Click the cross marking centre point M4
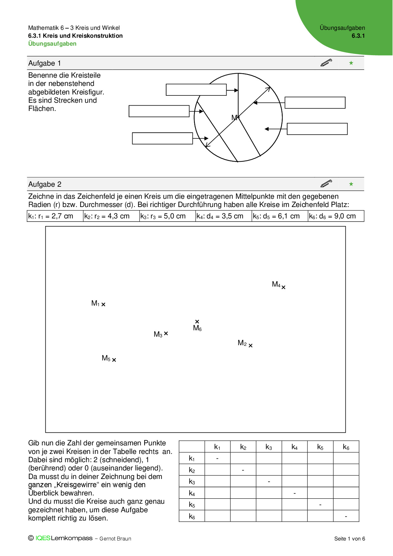point(283,287)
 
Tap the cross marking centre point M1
point(103,304)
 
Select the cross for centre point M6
point(197,321)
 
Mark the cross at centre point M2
point(250,346)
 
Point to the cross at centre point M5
point(114,360)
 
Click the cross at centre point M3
point(166,333)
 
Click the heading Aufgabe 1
point(45,63)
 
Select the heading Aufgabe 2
point(45,184)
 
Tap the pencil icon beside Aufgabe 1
point(326,62)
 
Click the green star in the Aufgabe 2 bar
point(351,184)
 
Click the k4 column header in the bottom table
point(294,447)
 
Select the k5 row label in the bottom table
point(192,505)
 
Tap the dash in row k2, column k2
point(243,470)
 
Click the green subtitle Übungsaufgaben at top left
point(52,44)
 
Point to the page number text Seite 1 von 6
point(350,539)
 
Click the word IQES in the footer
point(43,538)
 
